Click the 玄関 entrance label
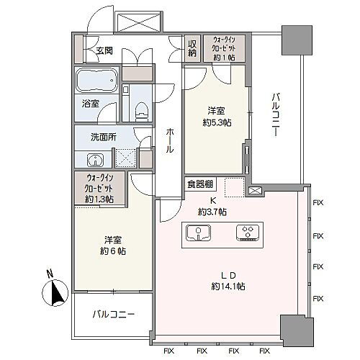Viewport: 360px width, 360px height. (104, 51)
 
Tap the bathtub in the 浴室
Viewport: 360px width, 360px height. (97, 80)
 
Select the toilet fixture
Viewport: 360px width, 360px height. (141, 111)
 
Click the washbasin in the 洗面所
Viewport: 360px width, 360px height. (95, 160)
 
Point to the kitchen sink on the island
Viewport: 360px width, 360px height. (199, 233)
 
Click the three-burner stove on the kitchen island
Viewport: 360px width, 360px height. (248, 233)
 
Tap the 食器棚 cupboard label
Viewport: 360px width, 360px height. (199, 184)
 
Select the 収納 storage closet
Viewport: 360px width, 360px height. (192, 48)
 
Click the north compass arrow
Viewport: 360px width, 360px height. (57, 292)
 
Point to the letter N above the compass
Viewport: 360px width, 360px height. (50, 274)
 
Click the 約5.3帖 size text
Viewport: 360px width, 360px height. (217, 123)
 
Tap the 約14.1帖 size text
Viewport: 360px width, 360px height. (228, 287)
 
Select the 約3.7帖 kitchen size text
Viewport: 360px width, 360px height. (212, 212)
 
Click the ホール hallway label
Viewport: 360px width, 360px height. (170, 140)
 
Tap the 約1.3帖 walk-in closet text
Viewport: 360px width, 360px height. (99, 199)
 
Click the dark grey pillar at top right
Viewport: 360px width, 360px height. (297, 40)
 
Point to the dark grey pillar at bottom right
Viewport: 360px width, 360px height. (297, 330)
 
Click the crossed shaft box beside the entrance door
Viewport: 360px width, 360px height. (138, 21)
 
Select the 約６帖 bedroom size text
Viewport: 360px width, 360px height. (112, 251)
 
